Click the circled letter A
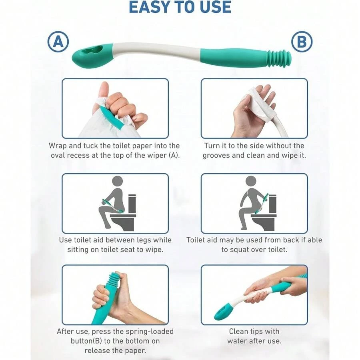coord(58,42)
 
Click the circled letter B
coord(302,42)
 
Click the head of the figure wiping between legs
coord(118,182)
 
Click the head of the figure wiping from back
coord(251,182)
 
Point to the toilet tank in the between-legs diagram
coord(132,204)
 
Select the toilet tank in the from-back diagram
coord(272,204)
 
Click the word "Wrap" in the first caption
coord(58,146)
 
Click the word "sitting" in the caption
coord(78,250)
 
